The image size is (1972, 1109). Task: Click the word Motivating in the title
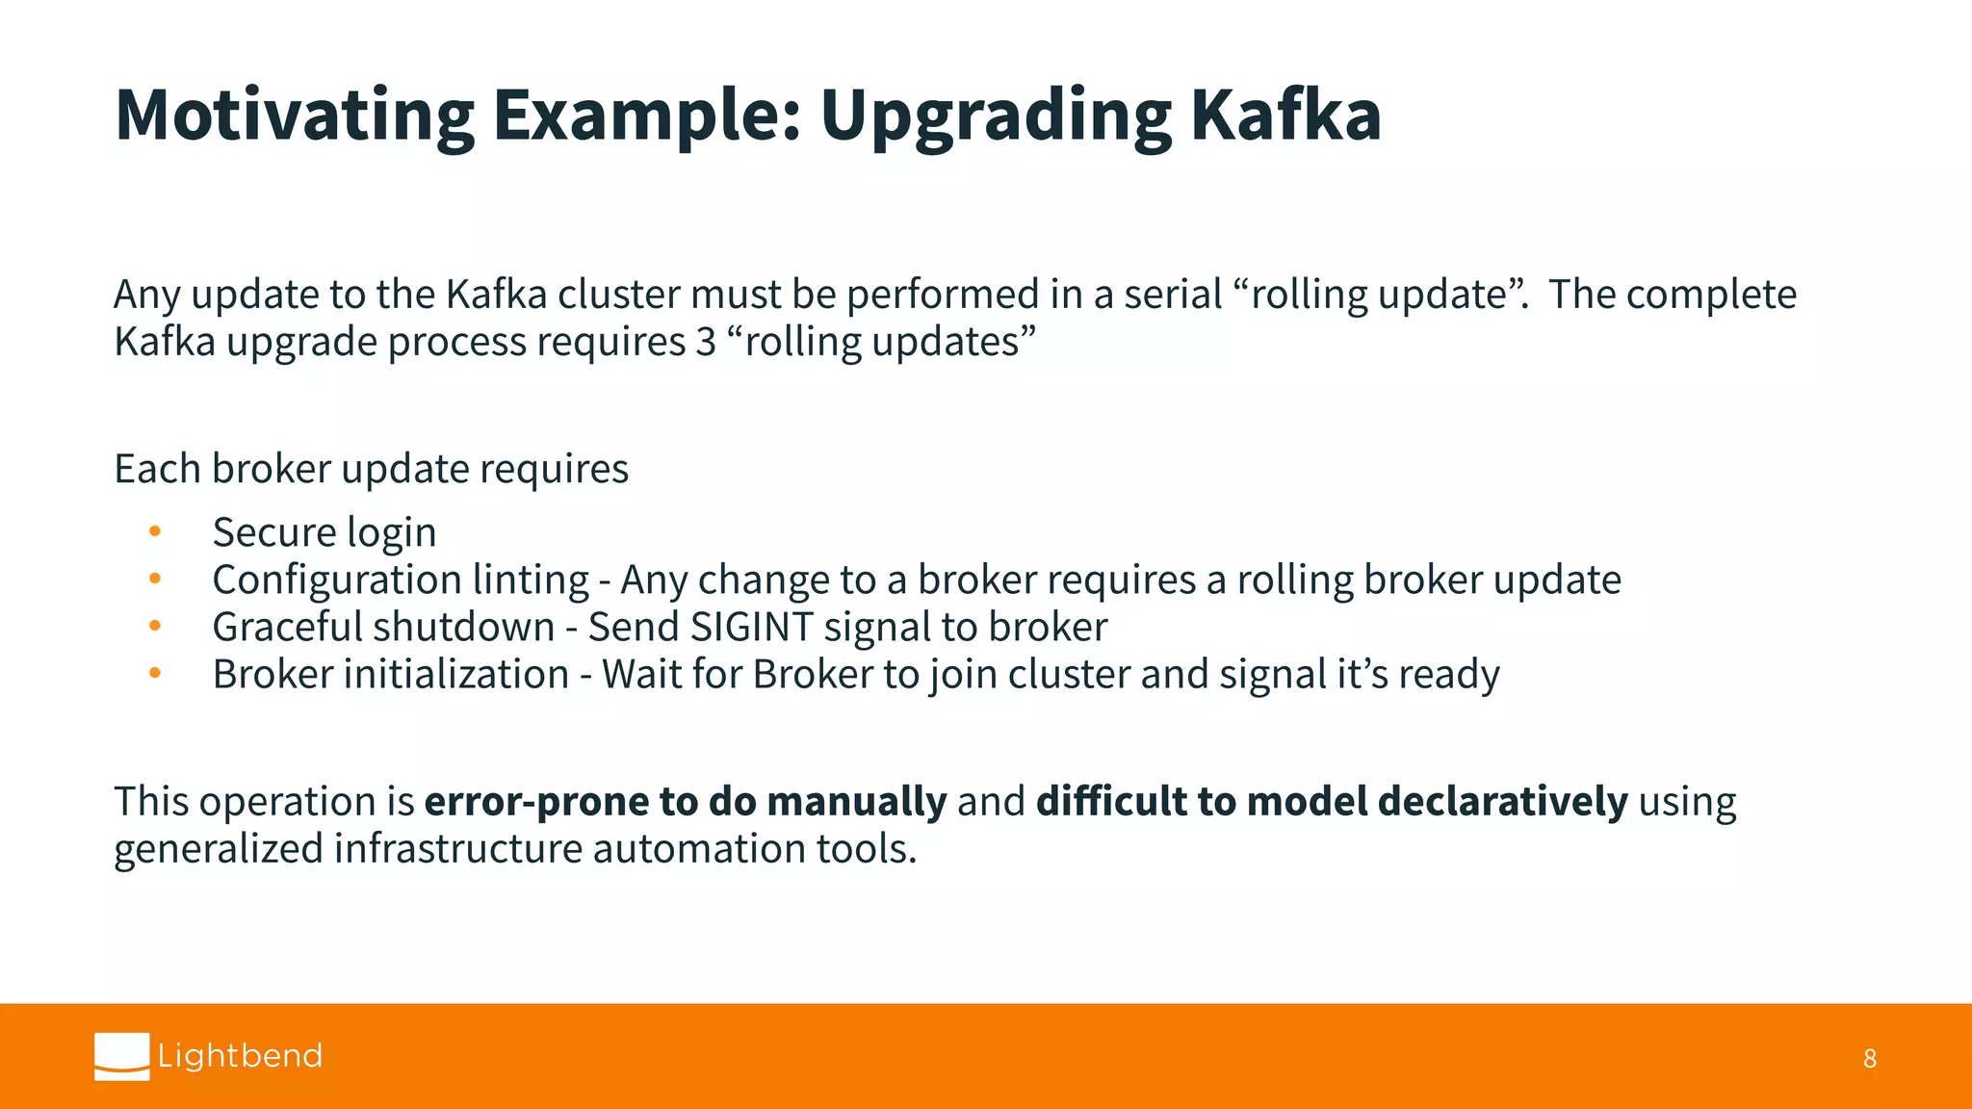click(x=294, y=116)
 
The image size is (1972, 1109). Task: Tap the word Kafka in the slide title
click(x=1285, y=116)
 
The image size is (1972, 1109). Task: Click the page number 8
click(x=1869, y=1059)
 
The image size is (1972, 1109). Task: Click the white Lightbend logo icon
click(x=122, y=1056)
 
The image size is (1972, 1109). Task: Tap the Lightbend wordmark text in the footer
click(x=240, y=1056)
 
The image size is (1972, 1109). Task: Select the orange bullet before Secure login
click(x=155, y=531)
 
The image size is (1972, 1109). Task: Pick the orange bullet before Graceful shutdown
click(x=155, y=626)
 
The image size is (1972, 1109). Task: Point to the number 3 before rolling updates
click(x=706, y=342)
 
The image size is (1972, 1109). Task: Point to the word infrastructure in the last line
click(x=458, y=849)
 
